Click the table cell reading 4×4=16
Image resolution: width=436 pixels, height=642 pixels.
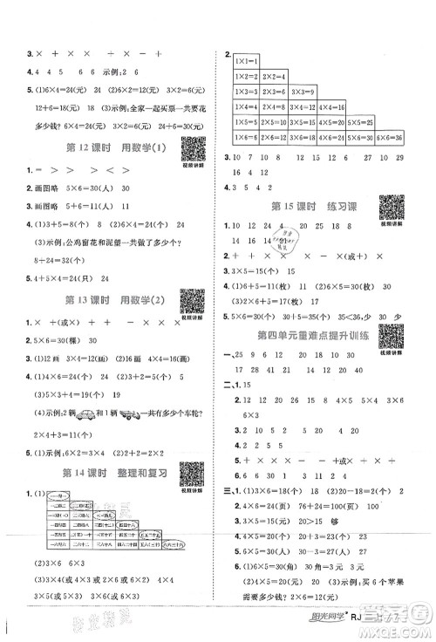pyautogui.click(x=333, y=107)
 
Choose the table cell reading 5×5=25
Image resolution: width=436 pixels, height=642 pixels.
pyautogui.click(x=361, y=122)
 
